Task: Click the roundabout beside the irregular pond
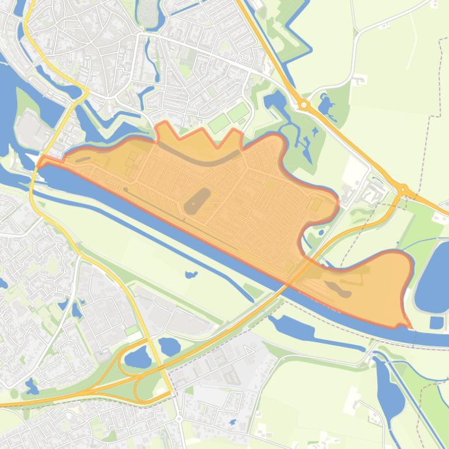(303, 105)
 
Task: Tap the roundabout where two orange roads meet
(402, 190)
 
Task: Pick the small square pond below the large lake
(436, 322)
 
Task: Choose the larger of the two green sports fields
(219, 123)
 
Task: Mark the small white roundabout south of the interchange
(179, 419)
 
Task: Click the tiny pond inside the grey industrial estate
(233, 422)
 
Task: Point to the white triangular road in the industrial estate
(248, 350)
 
